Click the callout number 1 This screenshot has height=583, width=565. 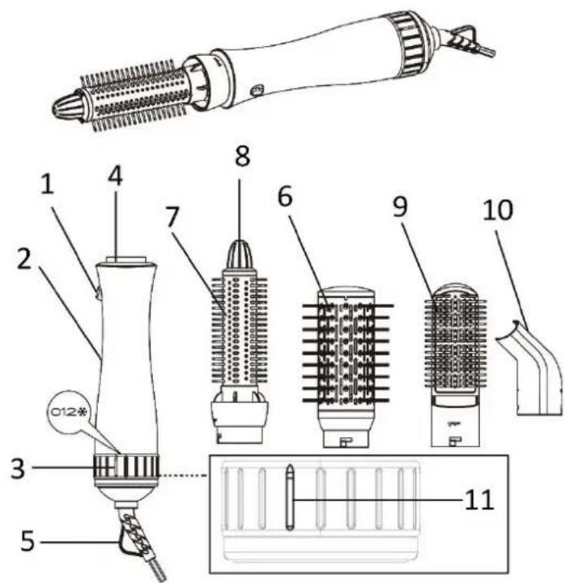tap(47, 184)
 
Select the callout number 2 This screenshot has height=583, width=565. tap(24, 259)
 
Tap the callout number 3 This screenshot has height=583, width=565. tap(18, 469)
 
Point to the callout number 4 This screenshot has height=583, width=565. tap(115, 176)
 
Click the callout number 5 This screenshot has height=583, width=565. tap(28, 541)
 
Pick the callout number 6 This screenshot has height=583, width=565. tap(285, 196)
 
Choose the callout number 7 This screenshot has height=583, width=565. tap(172, 217)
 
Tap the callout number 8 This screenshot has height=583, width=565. tap(242, 155)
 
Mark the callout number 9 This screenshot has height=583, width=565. tap(400, 206)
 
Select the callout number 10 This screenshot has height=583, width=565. tap(498, 210)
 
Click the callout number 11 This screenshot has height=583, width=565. tap(479, 500)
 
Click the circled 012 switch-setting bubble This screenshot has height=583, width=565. tap(66, 411)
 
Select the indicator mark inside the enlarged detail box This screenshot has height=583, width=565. tap(290, 496)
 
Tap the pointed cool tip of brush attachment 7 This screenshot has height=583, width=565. tap(240, 254)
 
